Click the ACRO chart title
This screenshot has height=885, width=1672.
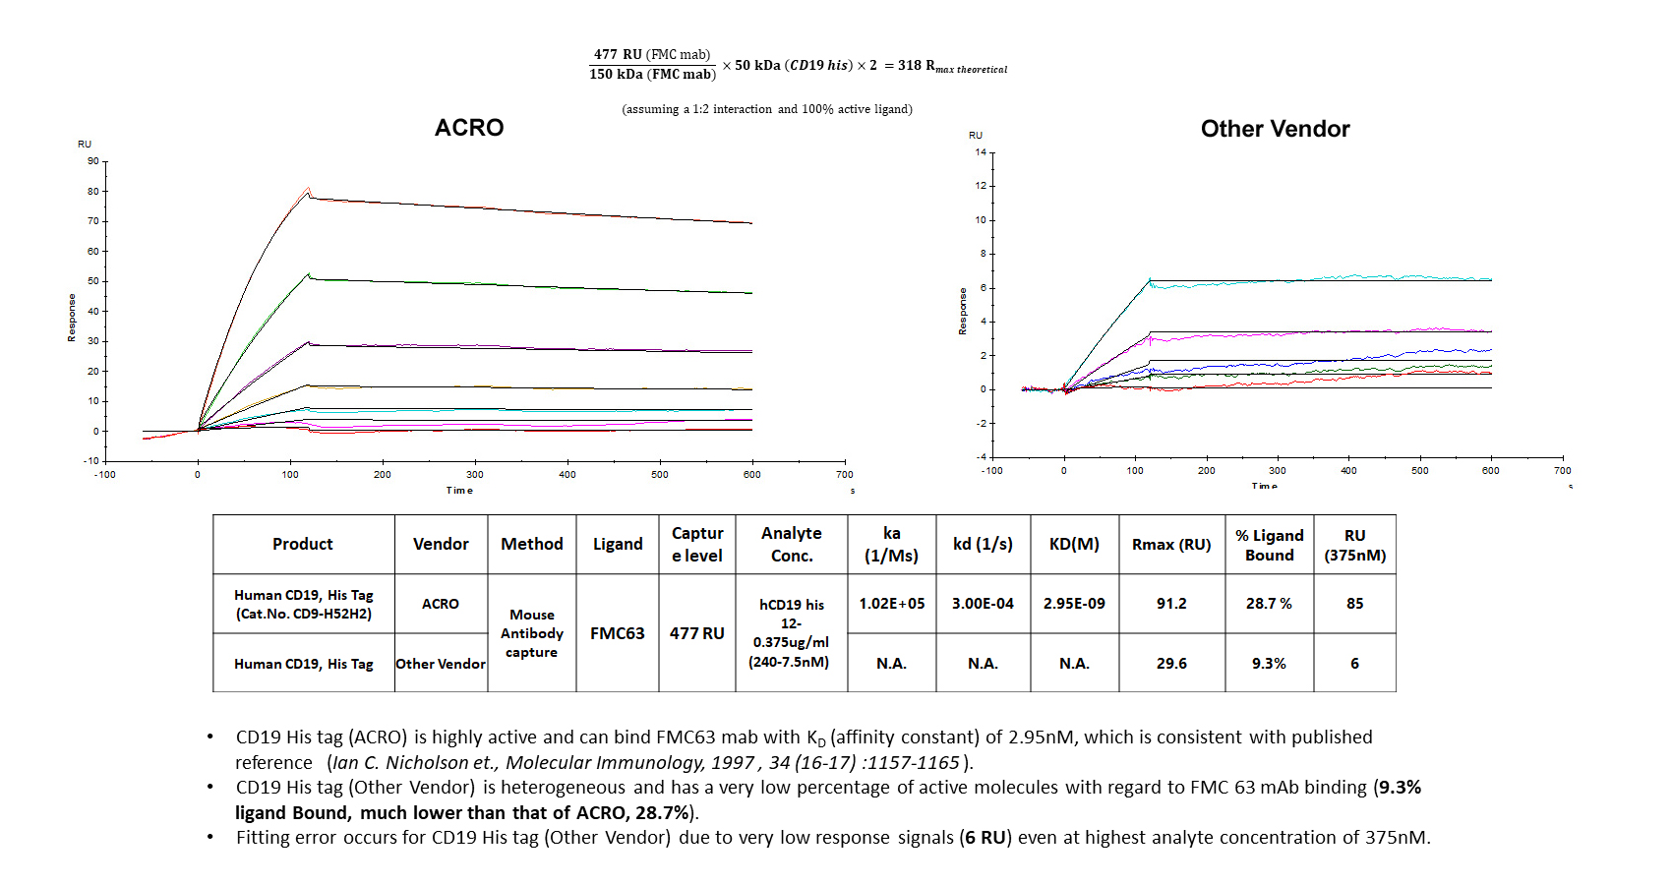pyautogui.click(x=469, y=128)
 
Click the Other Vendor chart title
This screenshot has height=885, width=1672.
pyautogui.click(x=1275, y=129)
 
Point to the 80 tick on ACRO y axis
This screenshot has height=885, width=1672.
pyautogui.click(x=93, y=192)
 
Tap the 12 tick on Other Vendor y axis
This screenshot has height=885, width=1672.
pyautogui.click(x=981, y=186)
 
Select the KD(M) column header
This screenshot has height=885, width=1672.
pyautogui.click(x=1074, y=544)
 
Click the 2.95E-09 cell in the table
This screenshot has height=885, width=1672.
pyautogui.click(x=1074, y=604)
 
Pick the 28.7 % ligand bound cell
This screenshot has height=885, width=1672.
pyautogui.click(x=1269, y=604)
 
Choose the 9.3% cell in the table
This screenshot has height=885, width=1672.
pyautogui.click(x=1269, y=664)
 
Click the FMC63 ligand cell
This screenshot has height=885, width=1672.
pyautogui.click(x=618, y=633)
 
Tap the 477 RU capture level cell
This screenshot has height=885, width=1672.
pyautogui.click(x=696, y=633)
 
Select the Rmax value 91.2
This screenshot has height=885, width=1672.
pyautogui.click(x=1171, y=604)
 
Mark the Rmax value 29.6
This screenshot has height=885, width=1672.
pyautogui.click(x=1171, y=664)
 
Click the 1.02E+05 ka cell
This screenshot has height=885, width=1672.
pyautogui.click(x=892, y=604)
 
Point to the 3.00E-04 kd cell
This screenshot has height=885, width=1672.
pyautogui.click(x=983, y=604)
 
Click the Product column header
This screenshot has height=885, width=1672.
pyautogui.click(x=303, y=544)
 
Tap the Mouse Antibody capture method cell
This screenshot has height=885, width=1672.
pyautogui.click(x=532, y=633)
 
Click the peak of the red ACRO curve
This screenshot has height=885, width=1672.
pyautogui.click(x=309, y=188)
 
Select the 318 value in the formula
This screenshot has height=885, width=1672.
pyautogui.click(x=910, y=66)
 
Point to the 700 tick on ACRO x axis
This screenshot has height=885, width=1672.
pyautogui.click(x=845, y=475)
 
